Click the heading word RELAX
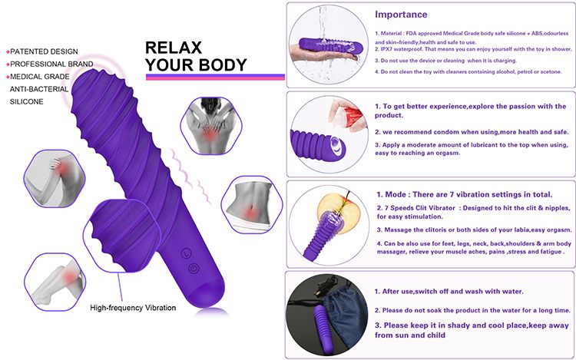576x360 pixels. [174, 48]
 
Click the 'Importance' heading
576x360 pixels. [401, 15]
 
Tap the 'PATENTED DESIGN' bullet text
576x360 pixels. [44, 51]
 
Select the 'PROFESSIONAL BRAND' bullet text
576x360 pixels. [51, 64]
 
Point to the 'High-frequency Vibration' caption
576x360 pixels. [133, 308]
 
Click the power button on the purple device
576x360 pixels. [194, 269]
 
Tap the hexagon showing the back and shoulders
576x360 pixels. [211, 126]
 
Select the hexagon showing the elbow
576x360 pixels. [55, 179]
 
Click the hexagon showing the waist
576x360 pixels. [252, 205]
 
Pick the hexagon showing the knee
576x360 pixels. [55, 282]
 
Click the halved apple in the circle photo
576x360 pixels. [339, 213]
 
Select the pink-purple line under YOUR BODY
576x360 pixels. [215, 77]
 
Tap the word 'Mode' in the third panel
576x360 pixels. [396, 194]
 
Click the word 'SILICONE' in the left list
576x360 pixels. [26, 101]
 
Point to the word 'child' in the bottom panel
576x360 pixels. [436, 335]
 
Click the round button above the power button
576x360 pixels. [187, 253]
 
